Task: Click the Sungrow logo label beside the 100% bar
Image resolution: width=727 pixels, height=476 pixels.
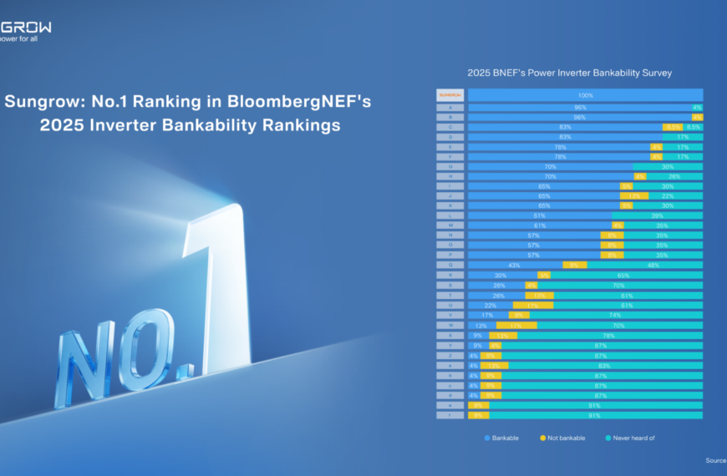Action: [x=450, y=95]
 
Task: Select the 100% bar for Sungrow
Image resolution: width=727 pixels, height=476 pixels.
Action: [x=585, y=95]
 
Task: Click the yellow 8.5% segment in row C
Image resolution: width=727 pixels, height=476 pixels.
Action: [x=674, y=127]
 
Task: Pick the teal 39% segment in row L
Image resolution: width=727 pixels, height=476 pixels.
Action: [x=657, y=215]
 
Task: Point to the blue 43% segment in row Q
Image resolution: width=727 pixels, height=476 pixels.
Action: [x=515, y=265]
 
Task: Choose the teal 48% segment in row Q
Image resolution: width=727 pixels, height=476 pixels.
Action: [x=644, y=265]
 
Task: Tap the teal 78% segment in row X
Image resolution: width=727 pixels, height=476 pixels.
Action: [x=610, y=335]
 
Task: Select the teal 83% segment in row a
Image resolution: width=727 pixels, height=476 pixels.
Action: [x=604, y=365]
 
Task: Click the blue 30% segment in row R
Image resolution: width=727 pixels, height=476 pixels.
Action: [x=501, y=275]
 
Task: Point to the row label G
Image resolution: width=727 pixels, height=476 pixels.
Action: [x=450, y=166]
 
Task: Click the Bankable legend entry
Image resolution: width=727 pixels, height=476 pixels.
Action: [x=501, y=438]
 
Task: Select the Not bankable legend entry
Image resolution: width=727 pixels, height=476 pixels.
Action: [x=562, y=438]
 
